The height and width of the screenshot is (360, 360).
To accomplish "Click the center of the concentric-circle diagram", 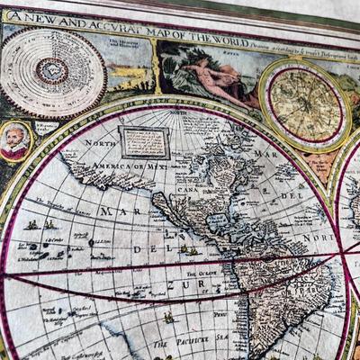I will point(51,71).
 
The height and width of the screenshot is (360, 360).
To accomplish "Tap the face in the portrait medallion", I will point(13,141).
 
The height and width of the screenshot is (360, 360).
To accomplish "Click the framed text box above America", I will point(144,141).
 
